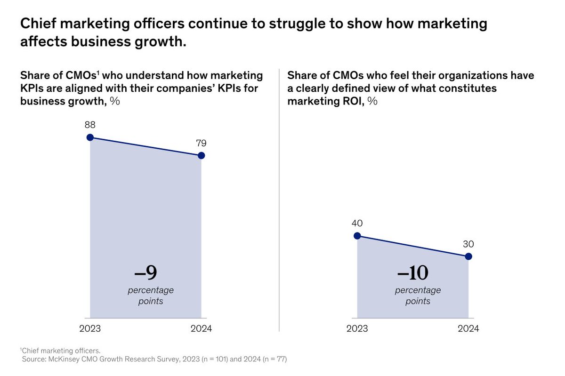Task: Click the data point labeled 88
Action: tap(90, 137)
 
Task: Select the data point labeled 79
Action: tap(201, 155)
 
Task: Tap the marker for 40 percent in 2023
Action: tap(357, 236)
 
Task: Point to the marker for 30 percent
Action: tap(468, 256)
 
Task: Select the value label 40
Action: tap(357, 223)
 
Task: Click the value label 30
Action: tap(468, 244)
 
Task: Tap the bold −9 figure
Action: tap(145, 273)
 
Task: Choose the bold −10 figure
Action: tap(412, 273)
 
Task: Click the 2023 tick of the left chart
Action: tap(90, 328)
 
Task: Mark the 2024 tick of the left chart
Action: tap(201, 328)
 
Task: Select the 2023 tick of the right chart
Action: tap(357, 328)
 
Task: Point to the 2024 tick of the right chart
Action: tap(468, 328)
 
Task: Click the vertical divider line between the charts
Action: tap(279, 198)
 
